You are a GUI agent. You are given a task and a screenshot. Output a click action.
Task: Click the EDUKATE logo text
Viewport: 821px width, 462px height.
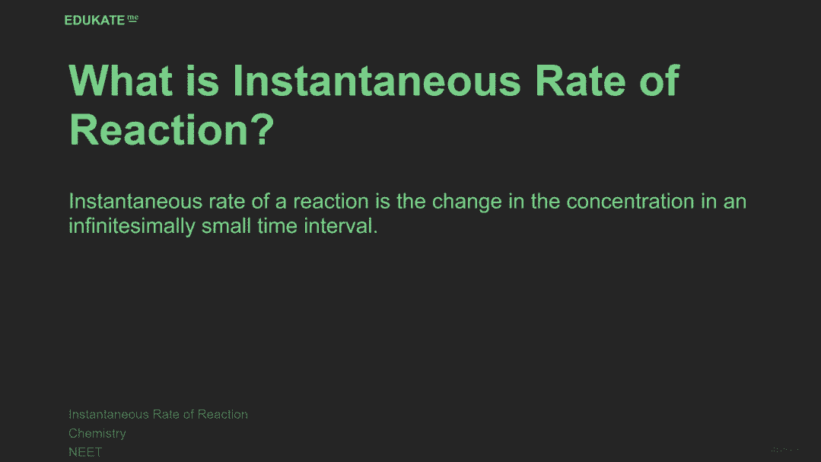[x=94, y=21]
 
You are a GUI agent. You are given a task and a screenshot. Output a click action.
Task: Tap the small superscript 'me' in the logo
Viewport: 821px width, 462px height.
[x=133, y=18]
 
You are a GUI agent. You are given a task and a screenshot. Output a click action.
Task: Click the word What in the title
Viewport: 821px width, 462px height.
[x=121, y=81]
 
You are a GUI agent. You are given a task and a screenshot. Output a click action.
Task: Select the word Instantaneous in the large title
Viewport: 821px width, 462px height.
[x=377, y=81]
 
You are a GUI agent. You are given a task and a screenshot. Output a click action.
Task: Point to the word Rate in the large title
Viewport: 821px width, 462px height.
[x=580, y=81]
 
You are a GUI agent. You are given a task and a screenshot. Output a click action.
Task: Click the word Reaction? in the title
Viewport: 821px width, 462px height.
[x=172, y=130]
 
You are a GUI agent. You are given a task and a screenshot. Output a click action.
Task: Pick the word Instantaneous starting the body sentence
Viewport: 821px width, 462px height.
[x=135, y=202]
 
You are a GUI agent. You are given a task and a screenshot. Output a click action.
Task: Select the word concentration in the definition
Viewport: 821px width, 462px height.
[x=631, y=202]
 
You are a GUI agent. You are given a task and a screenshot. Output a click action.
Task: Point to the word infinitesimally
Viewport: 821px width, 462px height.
[x=132, y=227]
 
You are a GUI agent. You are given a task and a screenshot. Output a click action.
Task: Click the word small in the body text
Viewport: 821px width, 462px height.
[x=226, y=226]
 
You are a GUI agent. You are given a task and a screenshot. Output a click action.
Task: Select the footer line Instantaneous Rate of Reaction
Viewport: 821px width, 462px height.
[x=158, y=414]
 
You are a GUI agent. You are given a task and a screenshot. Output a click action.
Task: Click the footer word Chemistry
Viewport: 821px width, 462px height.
[x=97, y=434]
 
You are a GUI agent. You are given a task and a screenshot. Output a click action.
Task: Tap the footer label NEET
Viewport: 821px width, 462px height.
[x=85, y=452]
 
